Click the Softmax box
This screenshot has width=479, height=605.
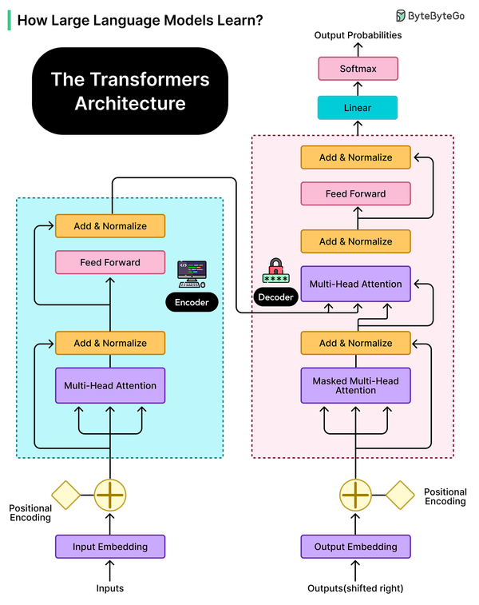coord(357,69)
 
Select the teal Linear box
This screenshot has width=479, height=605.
coord(357,108)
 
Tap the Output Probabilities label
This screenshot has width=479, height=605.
coord(357,36)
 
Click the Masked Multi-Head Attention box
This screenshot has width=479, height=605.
coord(355,385)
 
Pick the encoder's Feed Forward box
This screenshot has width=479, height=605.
coord(110,262)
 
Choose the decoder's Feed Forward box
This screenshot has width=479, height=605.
coord(355,193)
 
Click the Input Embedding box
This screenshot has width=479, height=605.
coord(110,547)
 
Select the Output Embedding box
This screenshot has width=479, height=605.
coord(355,547)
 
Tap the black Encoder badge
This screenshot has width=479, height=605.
coord(192,302)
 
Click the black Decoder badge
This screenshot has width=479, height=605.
coord(275,297)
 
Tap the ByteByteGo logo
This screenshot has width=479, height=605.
coord(431,15)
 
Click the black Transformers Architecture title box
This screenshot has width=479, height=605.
coord(130,91)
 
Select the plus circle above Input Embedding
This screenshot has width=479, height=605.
coord(110,495)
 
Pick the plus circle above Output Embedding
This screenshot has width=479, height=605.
coord(355,495)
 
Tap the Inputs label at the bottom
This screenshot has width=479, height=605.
coord(110,588)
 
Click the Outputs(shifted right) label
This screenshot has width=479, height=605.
coord(355,588)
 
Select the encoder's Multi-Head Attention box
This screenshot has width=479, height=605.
coord(110,385)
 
